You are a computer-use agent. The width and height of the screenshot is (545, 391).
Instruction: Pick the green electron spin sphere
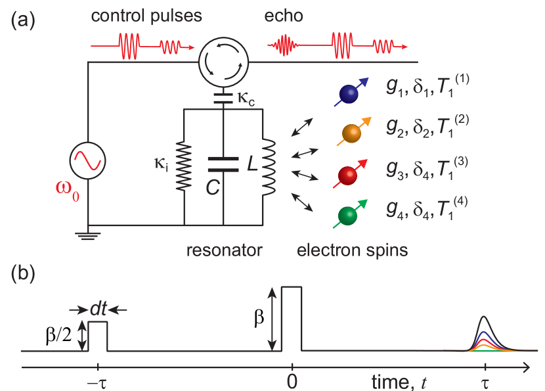[x=346, y=216]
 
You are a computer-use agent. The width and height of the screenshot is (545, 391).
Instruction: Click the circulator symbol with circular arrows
[x=224, y=62]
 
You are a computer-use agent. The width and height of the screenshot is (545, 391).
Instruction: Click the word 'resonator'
[x=224, y=250]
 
